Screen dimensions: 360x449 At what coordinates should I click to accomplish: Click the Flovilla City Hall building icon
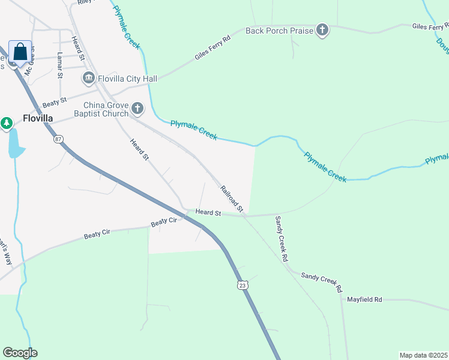(89, 78)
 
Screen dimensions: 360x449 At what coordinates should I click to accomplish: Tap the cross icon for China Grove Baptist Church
(138, 109)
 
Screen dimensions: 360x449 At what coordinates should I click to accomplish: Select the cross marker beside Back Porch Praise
(322, 30)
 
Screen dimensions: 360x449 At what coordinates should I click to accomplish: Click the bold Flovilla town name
(38, 118)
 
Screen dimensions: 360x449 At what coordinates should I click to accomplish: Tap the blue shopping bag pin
(20, 52)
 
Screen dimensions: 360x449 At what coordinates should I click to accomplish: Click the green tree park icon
(7, 124)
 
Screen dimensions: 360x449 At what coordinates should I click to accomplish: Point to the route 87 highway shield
(58, 139)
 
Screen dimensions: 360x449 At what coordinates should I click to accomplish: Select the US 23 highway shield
(241, 286)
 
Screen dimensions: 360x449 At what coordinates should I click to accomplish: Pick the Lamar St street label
(59, 65)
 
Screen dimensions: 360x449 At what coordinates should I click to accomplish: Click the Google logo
(20, 353)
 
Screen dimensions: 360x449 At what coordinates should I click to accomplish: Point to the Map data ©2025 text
(423, 355)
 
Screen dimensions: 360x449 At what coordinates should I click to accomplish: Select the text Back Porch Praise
(279, 30)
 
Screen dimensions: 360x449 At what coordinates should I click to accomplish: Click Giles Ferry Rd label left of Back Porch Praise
(212, 49)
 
